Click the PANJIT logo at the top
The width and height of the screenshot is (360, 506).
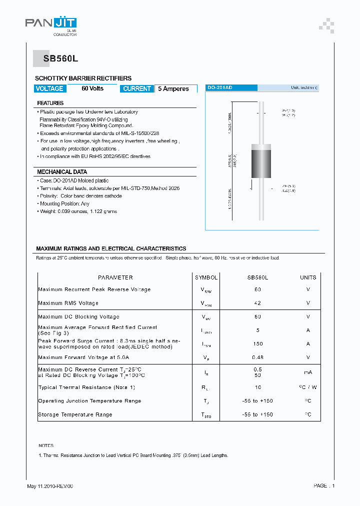tap(51, 23)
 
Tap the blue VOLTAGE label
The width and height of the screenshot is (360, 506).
tap(49, 88)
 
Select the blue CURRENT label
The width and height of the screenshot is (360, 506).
tap(136, 88)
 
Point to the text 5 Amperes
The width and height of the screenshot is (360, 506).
tap(173, 89)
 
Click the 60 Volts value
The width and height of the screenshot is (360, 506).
tap(92, 88)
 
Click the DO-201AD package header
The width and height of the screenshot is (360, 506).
tap(220, 87)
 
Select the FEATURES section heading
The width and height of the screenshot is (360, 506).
tap(50, 103)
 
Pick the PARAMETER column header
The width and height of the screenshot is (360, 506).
tap(115, 277)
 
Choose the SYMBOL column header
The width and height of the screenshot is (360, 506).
tap(206, 277)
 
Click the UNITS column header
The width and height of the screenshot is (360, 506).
tap(308, 277)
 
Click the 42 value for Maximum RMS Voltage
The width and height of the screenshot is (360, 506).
tap(258, 303)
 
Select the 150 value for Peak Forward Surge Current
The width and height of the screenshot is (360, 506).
tap(258, 344)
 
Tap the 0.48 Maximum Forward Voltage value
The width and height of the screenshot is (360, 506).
tap(258, 357)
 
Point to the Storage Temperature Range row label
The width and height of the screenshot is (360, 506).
tap(75, 414)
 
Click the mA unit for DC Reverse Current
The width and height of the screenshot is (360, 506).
tap(308, 372)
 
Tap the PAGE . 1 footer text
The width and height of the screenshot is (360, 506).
tap(324, 486)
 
